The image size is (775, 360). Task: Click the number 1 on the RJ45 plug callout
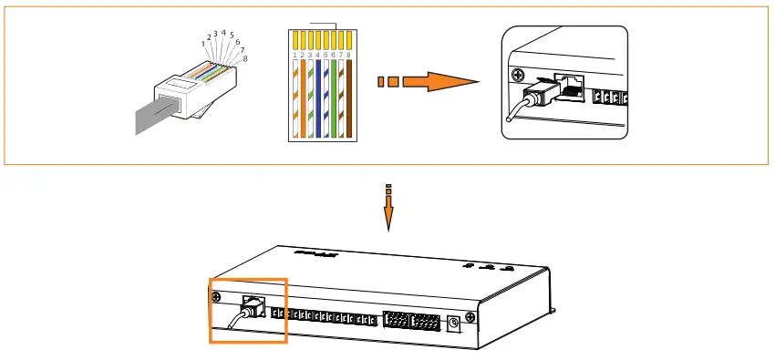203,44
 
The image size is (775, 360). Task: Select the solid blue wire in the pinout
318,100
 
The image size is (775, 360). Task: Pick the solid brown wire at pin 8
350,100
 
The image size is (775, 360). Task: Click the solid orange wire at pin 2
302,100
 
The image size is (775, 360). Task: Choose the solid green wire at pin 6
335,100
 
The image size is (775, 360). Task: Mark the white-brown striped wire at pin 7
343,100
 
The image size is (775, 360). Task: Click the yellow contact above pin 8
351,40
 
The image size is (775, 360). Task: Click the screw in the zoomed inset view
520,75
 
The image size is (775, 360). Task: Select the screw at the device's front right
469,317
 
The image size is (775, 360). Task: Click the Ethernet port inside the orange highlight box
250,303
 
